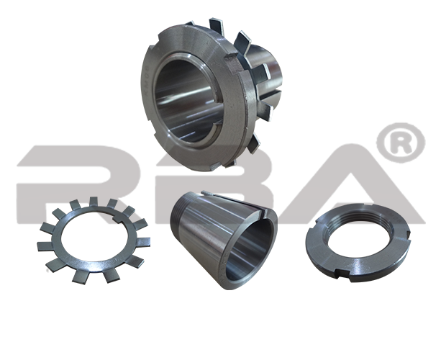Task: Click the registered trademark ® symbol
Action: click(401, 143)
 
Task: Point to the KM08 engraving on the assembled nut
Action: click(145, 80)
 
